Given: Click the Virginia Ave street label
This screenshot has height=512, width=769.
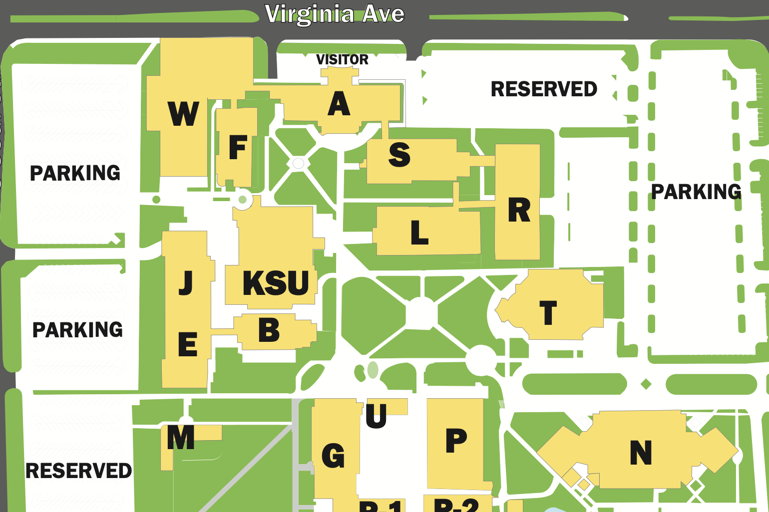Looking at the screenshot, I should (334, 14).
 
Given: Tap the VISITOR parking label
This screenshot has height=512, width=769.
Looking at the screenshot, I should (342, 59).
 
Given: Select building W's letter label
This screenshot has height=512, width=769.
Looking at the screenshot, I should (183, 114).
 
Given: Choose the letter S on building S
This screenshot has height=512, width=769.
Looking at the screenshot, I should (399, 155).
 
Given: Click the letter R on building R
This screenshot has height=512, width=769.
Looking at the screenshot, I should (519, 210).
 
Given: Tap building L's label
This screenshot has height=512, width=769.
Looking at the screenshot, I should (419, 233).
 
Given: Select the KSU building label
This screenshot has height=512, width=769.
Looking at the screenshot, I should (276, 283).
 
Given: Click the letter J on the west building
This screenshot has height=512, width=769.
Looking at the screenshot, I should (186, 282).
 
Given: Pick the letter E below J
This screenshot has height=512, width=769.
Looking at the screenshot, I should (187, 344).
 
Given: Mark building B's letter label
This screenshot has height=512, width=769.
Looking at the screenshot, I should (269, 330).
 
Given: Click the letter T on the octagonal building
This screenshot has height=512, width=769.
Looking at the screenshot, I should (548, 313).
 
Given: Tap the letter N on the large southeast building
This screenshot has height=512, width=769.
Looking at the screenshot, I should (641, 453).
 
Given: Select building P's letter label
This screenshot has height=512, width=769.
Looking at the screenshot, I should (456, 441).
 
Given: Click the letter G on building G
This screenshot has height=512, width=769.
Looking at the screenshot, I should (333, 456).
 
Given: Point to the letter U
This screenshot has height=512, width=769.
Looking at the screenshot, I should (376, 416).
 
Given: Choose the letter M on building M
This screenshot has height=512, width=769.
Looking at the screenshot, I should (181, 437).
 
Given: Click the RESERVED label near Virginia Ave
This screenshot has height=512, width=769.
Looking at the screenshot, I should (544, 89).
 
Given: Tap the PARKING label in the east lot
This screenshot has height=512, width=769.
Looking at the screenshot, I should (696, 192).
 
